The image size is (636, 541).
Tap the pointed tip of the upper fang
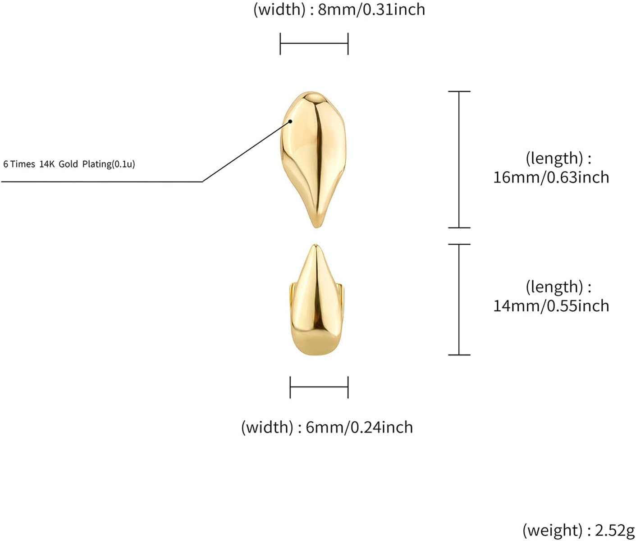tap(316, 225)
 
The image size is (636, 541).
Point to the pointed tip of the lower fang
tap(316, 246)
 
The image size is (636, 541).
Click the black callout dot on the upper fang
tap(291, 121)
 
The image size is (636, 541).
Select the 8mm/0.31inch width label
tap(371, 9)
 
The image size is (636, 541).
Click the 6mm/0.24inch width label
tap(359, 427)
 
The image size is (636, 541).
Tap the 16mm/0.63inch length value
tap(551, 177)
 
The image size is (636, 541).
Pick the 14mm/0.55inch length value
tap(551, 306)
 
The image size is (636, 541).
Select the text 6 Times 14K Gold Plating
tap(69, 164)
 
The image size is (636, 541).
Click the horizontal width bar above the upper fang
tap(314, 44)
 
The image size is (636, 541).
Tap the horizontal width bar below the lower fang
tap(319, 387)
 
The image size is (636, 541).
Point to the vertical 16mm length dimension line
tap(459, 159)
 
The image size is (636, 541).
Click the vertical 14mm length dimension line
tap(459, 300)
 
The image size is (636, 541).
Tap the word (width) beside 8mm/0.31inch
tap(279, 9)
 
